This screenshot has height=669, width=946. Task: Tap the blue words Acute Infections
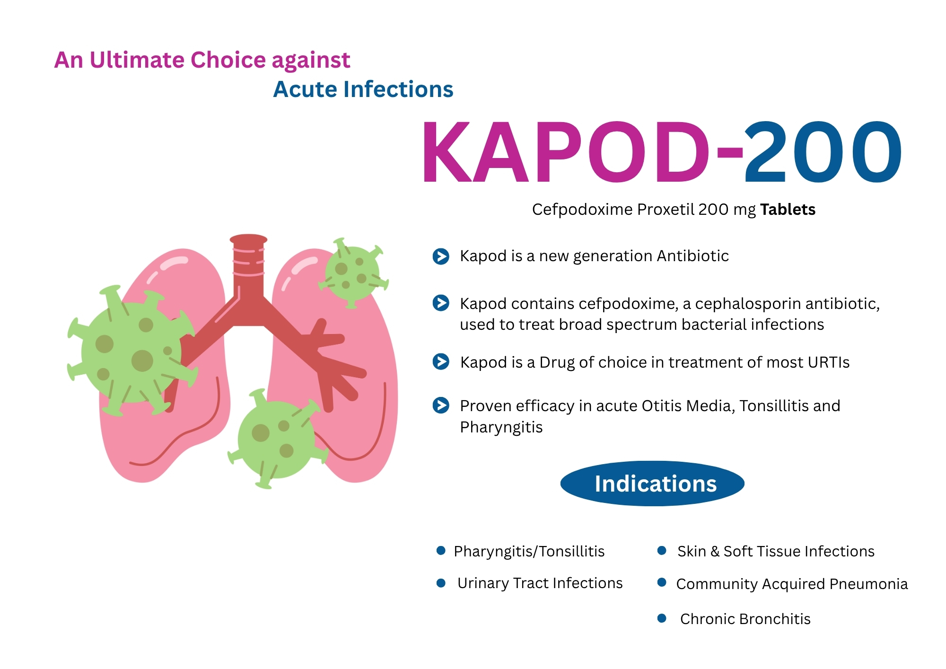pos(363,89)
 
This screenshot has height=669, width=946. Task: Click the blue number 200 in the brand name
pos(823,151)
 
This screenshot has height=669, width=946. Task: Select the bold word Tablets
pos(788,210)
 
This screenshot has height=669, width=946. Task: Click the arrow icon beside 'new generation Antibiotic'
pos(441,256)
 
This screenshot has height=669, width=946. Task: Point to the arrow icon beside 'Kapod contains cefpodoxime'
pos(441,303)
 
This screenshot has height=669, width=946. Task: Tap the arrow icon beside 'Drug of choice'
pos(441,362)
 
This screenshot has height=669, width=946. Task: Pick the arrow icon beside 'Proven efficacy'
pos(441,405)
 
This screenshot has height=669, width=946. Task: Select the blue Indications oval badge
pos(652,484)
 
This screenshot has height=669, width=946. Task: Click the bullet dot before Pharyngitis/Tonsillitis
pos(441,550)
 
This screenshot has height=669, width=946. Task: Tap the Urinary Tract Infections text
pos(540,583)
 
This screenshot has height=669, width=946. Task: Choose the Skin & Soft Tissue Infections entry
pos(776,551)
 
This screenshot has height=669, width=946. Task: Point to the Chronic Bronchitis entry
pos(745,619)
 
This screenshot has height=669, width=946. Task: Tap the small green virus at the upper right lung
pos(353,273)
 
